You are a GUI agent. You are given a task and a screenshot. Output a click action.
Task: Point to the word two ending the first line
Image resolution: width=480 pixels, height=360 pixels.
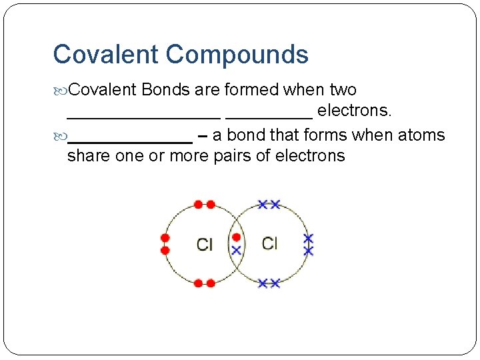click(x=343, y=89)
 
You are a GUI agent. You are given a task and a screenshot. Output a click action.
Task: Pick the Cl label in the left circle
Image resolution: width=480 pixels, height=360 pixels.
click(x=205, y=245)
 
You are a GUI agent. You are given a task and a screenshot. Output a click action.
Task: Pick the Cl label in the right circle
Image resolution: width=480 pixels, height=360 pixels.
click(x=269, y=243)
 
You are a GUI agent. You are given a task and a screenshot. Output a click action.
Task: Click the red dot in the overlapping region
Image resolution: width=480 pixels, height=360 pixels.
click(x=236, y=237)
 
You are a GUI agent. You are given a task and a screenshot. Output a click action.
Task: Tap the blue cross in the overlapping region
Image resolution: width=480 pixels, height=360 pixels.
click(x=236, y=250)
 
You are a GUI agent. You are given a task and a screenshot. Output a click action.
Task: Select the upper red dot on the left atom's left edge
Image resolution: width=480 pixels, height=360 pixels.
click(x=165, y=237)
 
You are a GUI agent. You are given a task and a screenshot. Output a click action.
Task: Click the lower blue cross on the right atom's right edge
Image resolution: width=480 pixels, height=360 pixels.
click(x=308, y=251)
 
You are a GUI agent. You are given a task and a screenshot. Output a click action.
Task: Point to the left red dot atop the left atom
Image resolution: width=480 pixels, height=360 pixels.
click(x=198, y=204)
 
